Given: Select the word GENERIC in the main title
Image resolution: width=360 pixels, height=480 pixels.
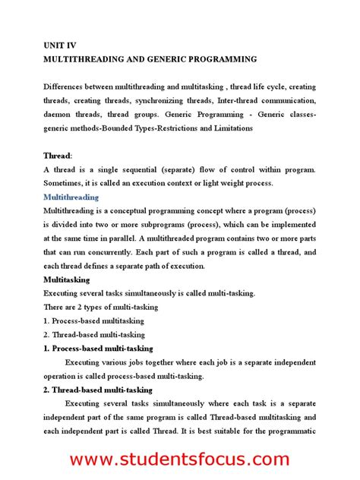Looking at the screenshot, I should coord(179,58).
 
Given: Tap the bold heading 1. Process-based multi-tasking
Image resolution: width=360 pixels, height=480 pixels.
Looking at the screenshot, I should coord(98,348).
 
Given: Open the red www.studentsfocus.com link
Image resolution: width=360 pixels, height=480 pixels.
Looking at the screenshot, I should coord(180,459).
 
